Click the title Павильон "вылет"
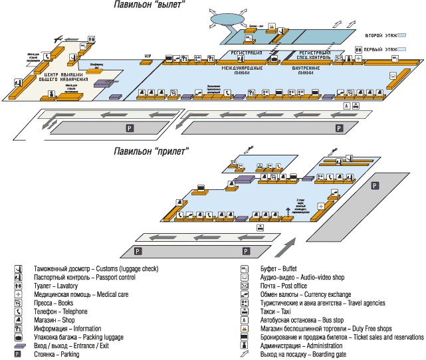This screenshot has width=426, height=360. tap(148, 6)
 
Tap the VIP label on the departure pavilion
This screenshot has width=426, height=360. tap(148, 56)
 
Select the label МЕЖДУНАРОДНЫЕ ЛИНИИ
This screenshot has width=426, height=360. tap(243, 71)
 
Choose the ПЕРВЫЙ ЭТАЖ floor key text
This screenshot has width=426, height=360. tap(381, 49)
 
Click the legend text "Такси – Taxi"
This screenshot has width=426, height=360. tap(275, 312)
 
